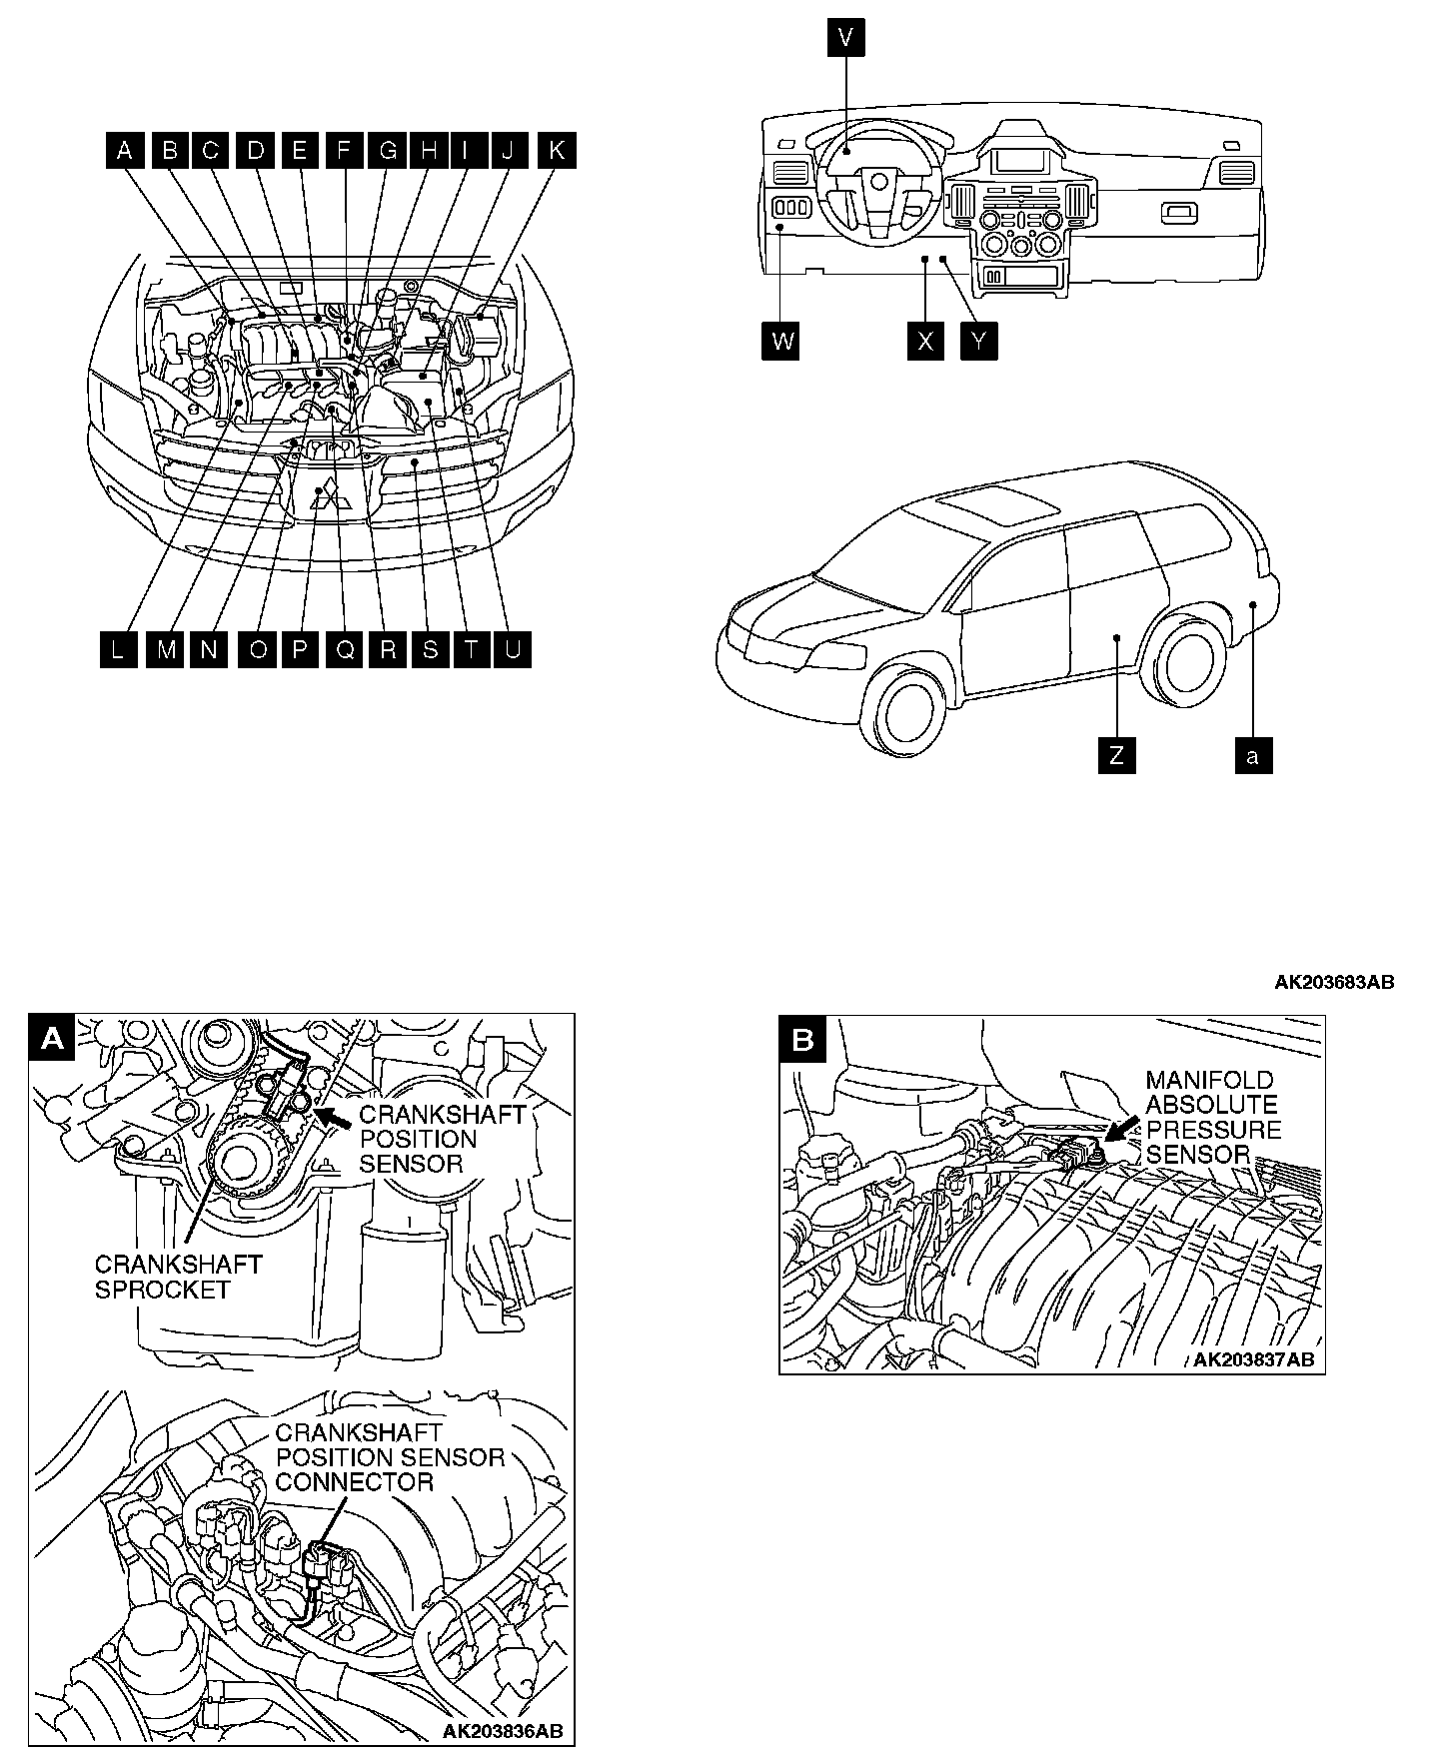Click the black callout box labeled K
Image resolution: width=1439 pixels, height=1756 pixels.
pyautogui.click(x=556, y=150)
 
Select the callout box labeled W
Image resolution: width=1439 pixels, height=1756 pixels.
pyautogui.click(x=783, y=342)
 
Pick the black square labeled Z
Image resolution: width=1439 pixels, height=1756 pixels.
pyautogui.click(x=1116, y=755)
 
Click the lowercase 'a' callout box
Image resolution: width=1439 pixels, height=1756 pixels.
pyautogui.click(x=1253, y=755)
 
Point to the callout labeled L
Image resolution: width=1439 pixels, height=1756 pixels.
pyautogui.click(x=119, y=649)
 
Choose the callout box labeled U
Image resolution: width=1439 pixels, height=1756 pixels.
pyautogui.click(x=512, y=649)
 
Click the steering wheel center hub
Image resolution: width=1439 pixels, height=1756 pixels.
pyautogui.click(x=877, y=182)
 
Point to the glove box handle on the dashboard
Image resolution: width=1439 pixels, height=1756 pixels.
pyautogui.click(x=1180, y=212)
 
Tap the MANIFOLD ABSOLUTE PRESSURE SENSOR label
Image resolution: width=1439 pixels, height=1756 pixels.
pyautogui.click(x=1212, y=1118)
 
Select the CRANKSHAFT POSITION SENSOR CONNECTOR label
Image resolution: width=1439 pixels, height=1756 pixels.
pyautogui.click(x=390, y=1457)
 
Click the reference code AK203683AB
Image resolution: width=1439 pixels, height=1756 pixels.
pyautogui.click(x=1333, y=982)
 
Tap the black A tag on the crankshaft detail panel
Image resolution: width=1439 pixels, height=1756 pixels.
pyautogui.click(x=52, y=1039)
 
